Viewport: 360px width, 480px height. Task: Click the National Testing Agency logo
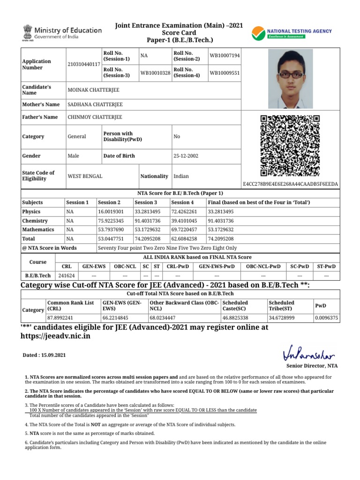[x=292, y=33]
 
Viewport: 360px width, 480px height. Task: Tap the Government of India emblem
[x=26, y=33]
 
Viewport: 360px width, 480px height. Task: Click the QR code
[x=290, y=145]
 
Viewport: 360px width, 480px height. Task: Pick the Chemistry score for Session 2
[x=111, y=221]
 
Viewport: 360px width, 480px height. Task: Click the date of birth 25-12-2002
[x=186, y=156]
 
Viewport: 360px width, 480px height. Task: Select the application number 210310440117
[x=84, y=64]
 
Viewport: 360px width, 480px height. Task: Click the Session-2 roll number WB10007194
[x=225, y=56]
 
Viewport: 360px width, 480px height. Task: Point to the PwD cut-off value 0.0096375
[x=326, y=317]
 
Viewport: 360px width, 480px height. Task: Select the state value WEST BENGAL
[x=85, y=176]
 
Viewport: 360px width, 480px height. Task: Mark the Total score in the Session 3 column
[x=150, y=239]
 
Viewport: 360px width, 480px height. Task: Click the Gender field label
[x=31, y=156]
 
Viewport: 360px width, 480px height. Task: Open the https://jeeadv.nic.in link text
[x=56, y=337]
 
